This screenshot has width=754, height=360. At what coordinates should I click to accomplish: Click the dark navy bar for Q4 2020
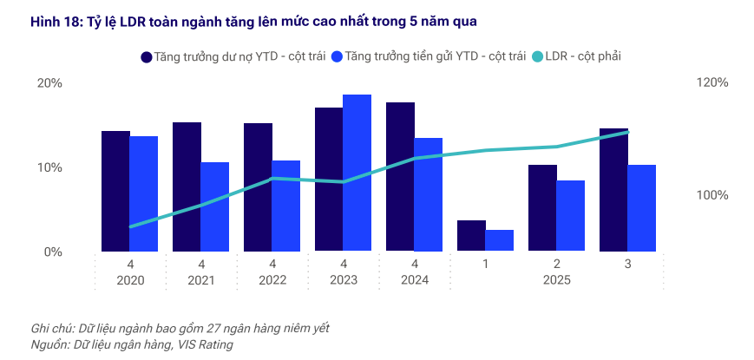pos(115,191)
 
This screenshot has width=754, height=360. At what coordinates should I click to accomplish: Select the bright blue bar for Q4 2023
pos(357,173)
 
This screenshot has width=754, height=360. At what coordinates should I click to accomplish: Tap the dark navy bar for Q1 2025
pos(471,236)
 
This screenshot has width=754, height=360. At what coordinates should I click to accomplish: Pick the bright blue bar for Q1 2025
pos(499,240)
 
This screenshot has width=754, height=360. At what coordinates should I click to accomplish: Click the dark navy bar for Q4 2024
pos(400,177)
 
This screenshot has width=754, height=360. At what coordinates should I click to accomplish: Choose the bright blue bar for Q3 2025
pos(641,208)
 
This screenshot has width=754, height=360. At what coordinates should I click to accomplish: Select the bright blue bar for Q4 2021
pos(214,206)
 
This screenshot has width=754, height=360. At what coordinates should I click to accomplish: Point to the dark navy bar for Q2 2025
pos(542,208)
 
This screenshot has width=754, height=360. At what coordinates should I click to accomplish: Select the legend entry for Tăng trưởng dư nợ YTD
pos(233,56)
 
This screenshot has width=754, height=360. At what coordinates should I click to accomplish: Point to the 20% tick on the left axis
pos(49,83)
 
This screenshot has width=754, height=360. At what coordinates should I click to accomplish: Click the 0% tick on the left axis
pos(53,252)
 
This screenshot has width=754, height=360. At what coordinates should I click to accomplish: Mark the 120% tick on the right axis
pos(711,83)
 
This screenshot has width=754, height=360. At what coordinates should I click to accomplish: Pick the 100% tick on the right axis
pos(711,195)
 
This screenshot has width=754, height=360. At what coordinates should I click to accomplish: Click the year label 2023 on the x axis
pos(344,280)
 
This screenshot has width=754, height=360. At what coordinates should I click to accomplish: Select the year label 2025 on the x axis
pos(556,280)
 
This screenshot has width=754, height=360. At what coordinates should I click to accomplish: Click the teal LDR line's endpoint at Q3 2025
pos(627,132)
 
